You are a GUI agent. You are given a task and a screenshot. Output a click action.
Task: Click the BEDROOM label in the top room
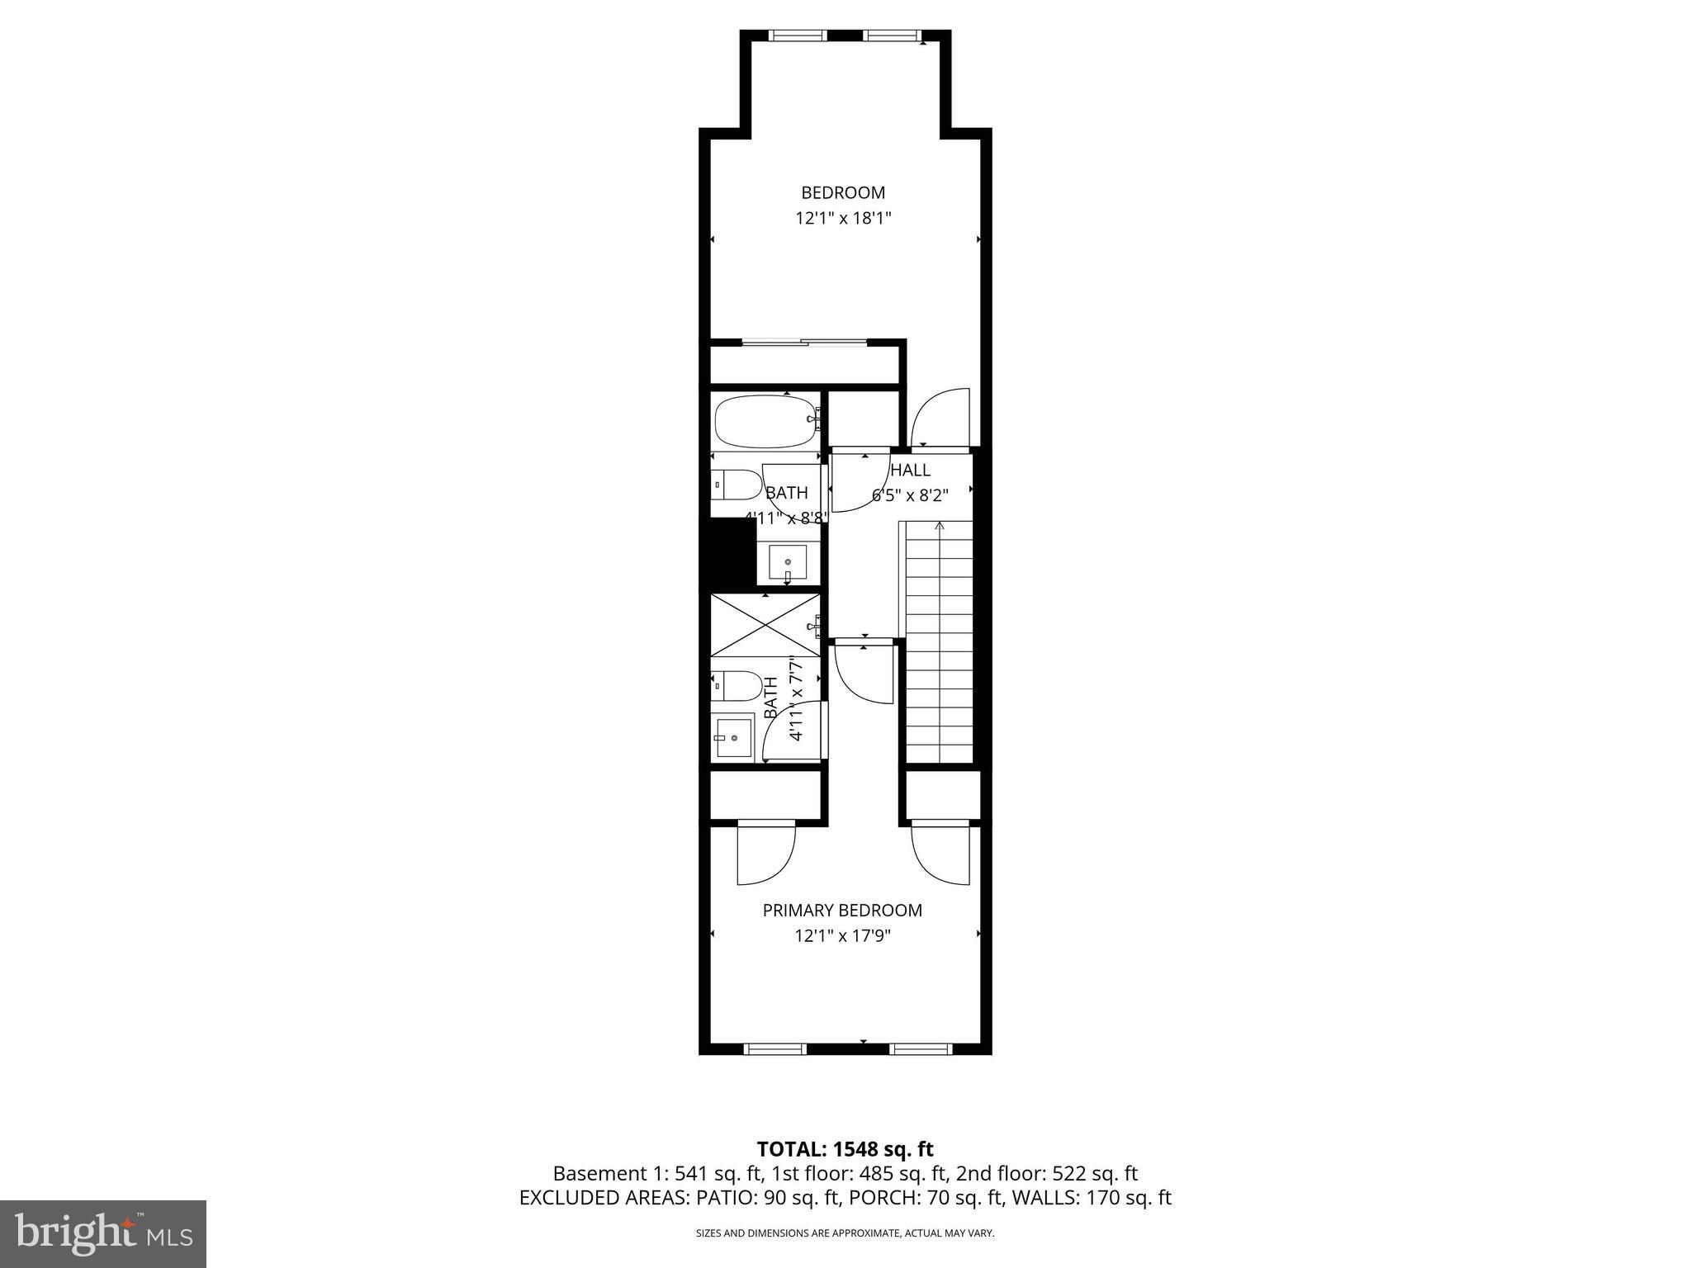click(842, 192)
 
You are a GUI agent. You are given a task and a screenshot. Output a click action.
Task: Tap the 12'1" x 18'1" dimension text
click(843, 219)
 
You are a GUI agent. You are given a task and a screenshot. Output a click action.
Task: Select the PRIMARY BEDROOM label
click(841, 910)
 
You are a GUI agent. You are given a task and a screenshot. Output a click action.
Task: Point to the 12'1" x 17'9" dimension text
click(842, 936)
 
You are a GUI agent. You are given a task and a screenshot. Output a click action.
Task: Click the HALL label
click(911, 470)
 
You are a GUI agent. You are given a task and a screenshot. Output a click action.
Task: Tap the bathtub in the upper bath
click(765, 421)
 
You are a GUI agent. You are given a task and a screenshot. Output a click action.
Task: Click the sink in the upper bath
click(787, 563)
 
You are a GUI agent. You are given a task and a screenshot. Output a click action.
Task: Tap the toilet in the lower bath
click(737, 684)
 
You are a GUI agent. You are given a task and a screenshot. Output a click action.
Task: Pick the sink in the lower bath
click(733, 736)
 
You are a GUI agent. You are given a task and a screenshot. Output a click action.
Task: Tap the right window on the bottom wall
click(921, 1049)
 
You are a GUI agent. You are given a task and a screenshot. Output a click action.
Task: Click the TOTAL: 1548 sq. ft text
click(845, 1149)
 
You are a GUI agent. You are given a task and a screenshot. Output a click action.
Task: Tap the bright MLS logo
click(103, 1233)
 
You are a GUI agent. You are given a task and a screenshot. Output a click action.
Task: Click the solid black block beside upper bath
click(727, 554)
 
